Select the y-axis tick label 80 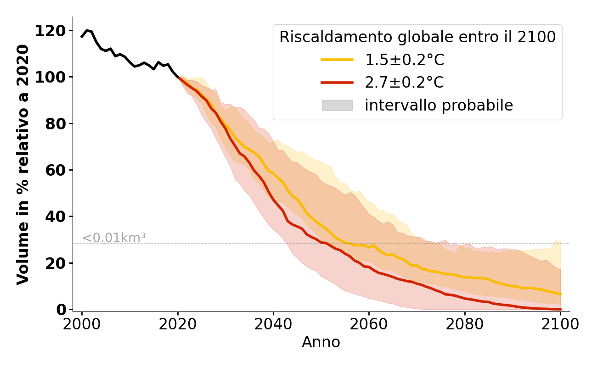tap(55, 124)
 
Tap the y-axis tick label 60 tap(55, 170)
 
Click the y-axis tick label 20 tap(55, 263)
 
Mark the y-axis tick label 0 tap(61, 310)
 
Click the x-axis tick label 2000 tap(82, 325)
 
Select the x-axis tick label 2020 tap(178, 325)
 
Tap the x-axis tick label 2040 tap(273, 325)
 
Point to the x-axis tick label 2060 tap(369, 325)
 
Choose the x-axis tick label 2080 tap(465, 325)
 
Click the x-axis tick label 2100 tap(560, 325)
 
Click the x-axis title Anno tap(321, 343)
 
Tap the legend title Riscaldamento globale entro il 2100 tap(417, 37)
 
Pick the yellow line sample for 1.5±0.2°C tap(337, 60)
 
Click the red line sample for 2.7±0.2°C tap(337, 83)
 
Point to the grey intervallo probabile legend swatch tap(337, 106)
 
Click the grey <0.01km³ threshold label tap(114, 238)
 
